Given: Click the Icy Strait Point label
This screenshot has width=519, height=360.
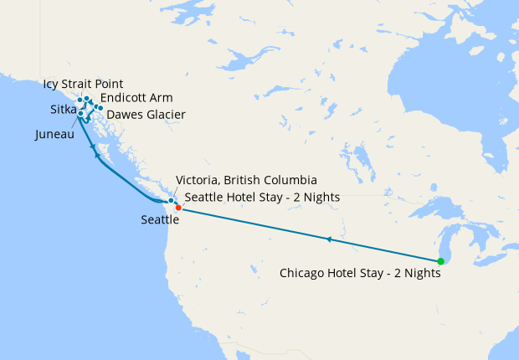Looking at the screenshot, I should [x=82, y=84].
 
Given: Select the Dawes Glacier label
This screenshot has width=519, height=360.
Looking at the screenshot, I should [x=146, y=114].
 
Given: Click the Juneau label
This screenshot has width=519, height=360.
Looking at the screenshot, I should [x=55, y=134].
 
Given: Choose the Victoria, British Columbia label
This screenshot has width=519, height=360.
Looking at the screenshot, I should [x=246, y=180].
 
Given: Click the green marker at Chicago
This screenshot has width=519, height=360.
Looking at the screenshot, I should [x=441, y=260].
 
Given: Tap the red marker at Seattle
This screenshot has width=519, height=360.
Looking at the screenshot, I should [x=178, y=208].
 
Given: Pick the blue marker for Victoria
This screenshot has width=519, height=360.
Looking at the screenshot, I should [x=171, y=200].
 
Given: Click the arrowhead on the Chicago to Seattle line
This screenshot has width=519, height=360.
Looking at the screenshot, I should [x=330, y=239].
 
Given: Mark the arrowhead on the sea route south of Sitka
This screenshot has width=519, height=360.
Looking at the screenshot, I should [x=97, y=156].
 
